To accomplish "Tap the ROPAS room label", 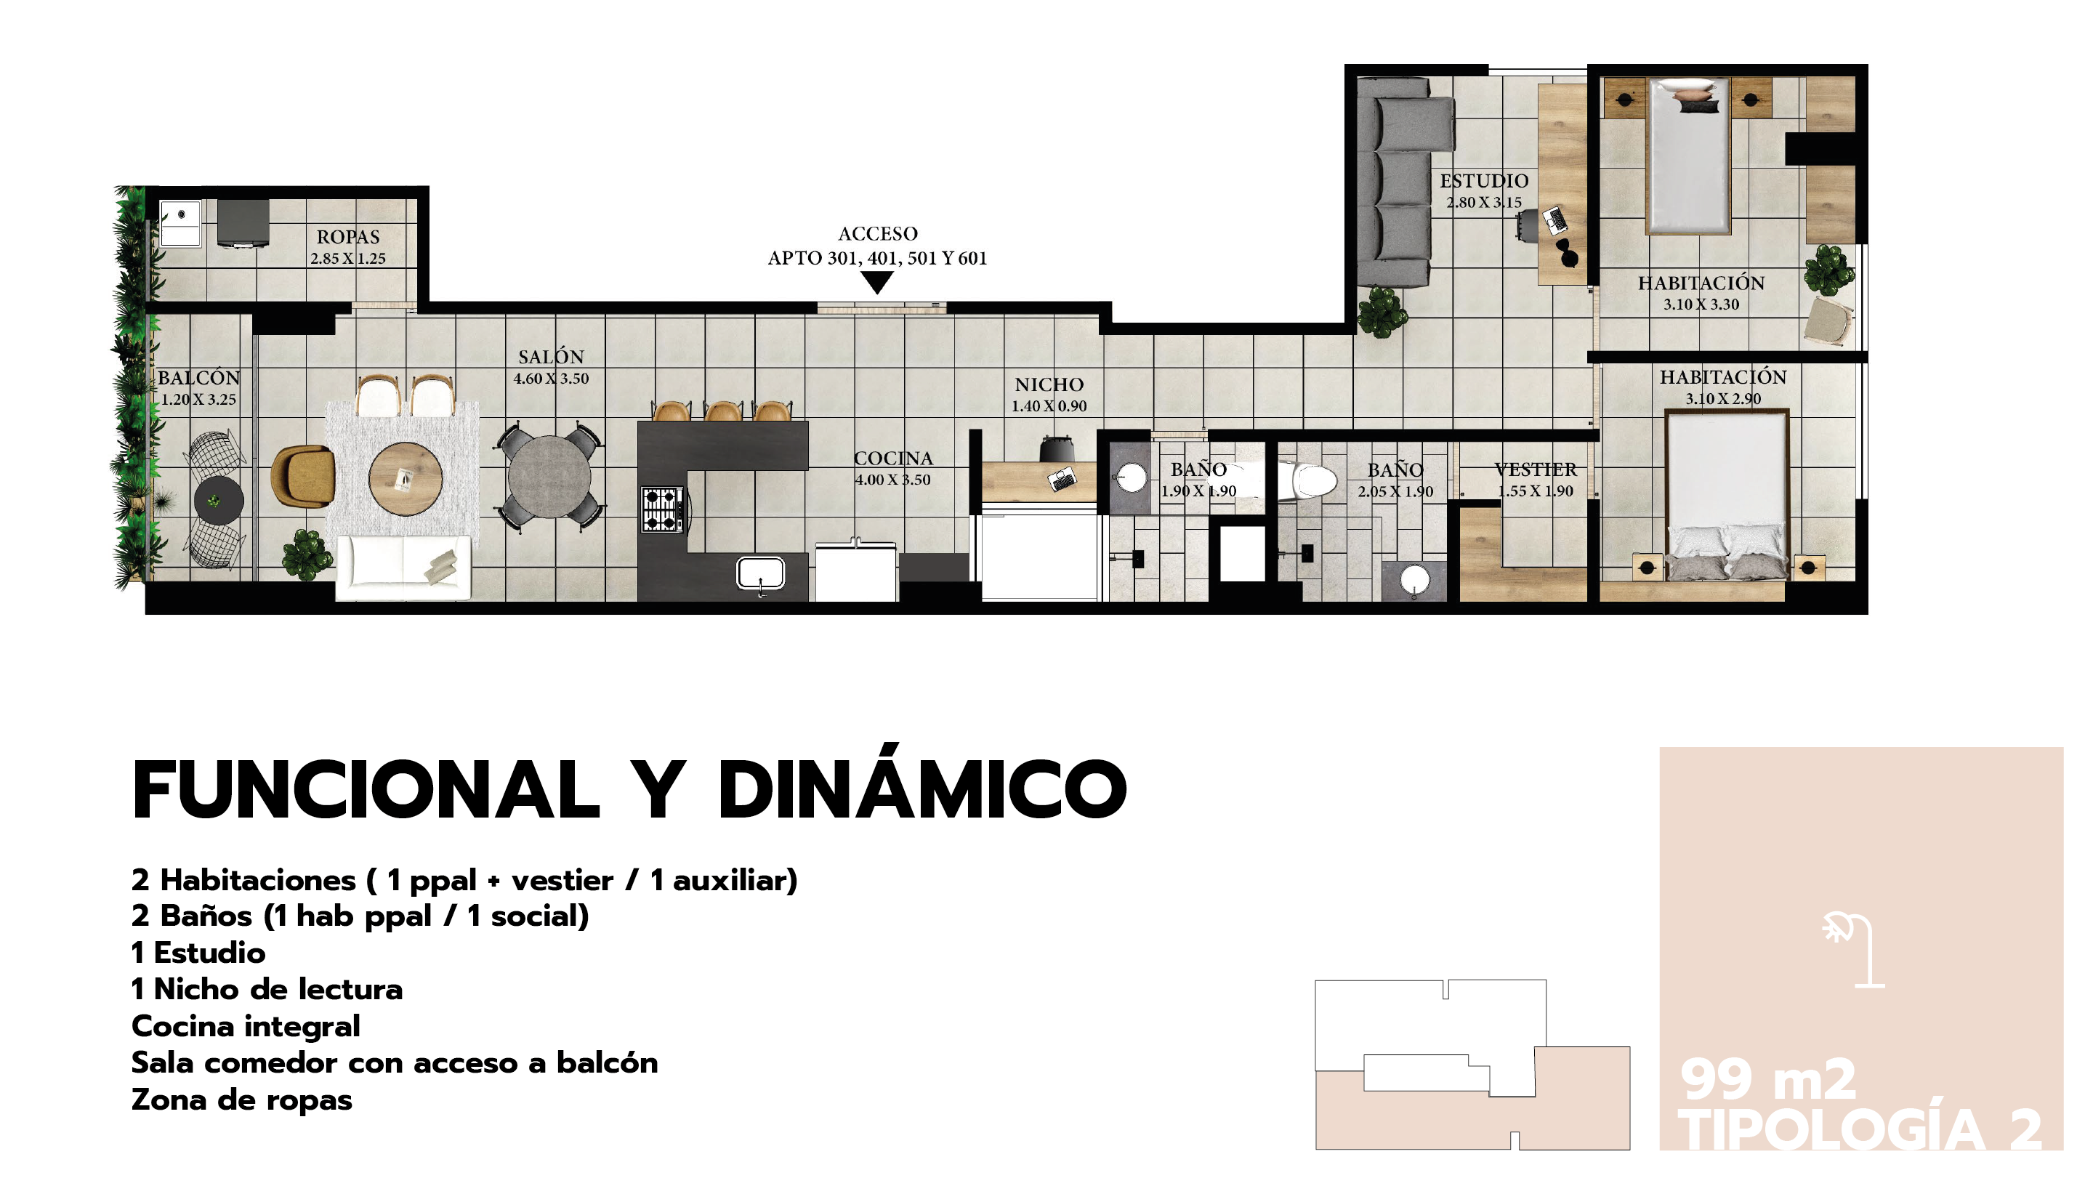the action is [x=348, y=237].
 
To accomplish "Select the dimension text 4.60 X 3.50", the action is [x=551, y=379].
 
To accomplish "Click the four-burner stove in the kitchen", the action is [x=662, y=509].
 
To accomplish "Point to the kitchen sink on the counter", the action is [x=760, y=573].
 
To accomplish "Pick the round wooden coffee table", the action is [x=406, y=478].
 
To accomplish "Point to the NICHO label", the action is [x=1049, y=385].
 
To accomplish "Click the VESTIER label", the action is [x=1536, y=469].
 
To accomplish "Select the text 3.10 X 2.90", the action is [x=1722, y=399].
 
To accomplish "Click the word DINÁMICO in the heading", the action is [x=922, y=790].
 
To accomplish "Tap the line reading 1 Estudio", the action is [x=198, y=953].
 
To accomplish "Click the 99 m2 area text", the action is [x=1768, y=1080].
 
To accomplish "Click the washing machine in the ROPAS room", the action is [x=180, y=223].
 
